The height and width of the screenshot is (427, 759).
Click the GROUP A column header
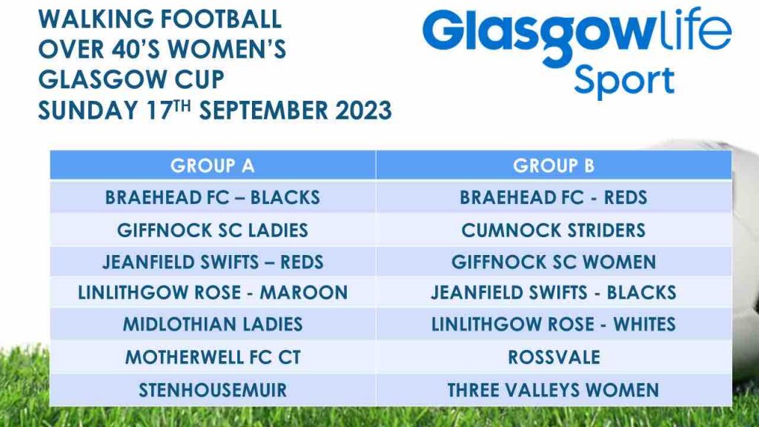click(x=213, y=165)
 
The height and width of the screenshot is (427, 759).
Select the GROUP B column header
click(x=554, y=165)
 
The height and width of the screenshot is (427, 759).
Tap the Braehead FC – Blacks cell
click(x=213, y=197)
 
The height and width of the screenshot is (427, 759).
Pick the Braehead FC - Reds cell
click(x=554, y=197)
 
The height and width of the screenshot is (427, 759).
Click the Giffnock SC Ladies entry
click(x=213, y=230)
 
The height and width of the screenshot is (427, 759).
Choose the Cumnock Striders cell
click(x=554, y=230)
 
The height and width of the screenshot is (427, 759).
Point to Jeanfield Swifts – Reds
click(x=213, y=262)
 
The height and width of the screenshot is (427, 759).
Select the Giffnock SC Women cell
click(x=554, y=262)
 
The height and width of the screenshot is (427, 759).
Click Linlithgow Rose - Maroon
click(x=213, y=292)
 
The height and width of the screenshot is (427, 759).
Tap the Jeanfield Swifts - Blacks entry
click(x=554, y=292)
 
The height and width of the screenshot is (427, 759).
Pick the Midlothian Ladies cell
click(x=213, y=324)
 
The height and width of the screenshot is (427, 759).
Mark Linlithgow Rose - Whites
click(x=554, y=324)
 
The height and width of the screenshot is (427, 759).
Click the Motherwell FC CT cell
click(x=213, y=357)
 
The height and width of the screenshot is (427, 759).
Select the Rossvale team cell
click(x=554, y=357)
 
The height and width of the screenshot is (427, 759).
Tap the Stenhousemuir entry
click(x=213, y=390)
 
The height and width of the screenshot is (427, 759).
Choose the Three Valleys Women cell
click(x=554, y=390)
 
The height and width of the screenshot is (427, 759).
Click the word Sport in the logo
click(x=624, y=81)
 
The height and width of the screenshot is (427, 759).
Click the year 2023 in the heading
click(x=363, y=110)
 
